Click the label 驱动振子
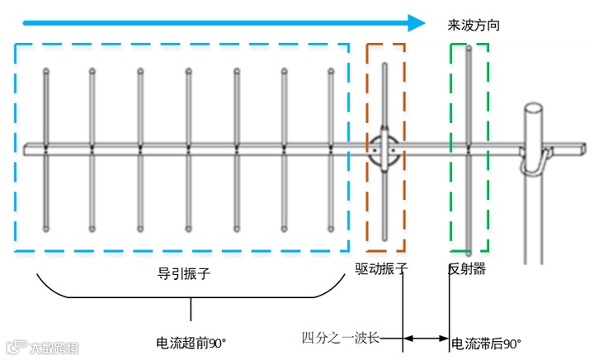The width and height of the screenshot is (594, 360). click(x=382, y=268)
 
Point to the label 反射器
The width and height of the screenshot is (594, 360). click(x=466, y=268)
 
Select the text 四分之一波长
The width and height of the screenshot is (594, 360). click(x=340, y=337)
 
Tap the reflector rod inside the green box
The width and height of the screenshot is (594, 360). click(x=469, y=99)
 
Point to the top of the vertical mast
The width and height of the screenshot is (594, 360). click(x=535, y=108)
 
